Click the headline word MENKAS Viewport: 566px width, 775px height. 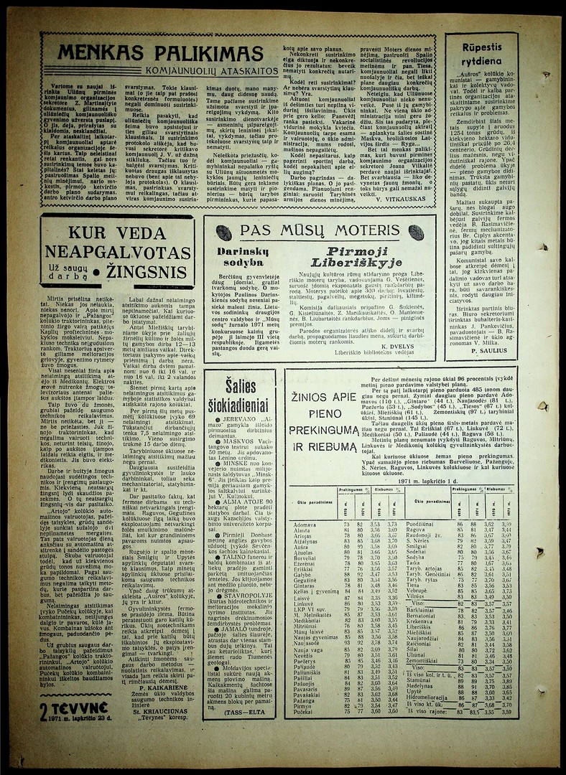point(105,54)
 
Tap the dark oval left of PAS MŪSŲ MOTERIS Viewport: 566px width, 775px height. point(223,232)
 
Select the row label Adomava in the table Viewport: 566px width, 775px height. point(305,525)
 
